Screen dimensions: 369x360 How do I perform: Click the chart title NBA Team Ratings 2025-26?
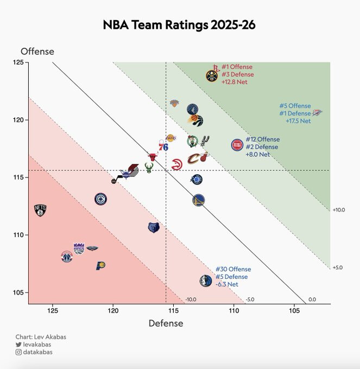tap(179, 25)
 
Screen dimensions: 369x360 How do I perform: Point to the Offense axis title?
tap(37, 52)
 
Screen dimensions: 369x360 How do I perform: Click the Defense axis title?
tap(166, 323)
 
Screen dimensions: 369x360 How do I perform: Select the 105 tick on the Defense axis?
tap(294, 311)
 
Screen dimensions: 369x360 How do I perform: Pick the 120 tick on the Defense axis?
tap(113, 311)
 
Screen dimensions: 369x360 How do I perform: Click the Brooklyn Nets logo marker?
tap(40, 210)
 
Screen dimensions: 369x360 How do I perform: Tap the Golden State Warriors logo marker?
tap(199, 201)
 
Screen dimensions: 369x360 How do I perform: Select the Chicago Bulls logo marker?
tap(153, 157)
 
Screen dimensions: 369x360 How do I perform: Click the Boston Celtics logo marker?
tap(193, 142)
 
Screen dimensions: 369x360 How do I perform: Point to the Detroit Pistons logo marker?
tap(237, 145)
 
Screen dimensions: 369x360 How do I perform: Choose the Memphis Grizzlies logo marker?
tap(154, 227)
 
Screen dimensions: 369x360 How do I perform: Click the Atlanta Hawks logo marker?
tap(176, 165)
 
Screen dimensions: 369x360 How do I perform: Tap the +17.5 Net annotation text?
tap(298, 121)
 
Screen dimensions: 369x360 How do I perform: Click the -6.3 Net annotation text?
tap(227, 284)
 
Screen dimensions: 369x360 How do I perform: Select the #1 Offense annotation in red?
tap(237, 67)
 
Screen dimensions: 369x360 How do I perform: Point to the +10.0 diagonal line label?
tap(339, 209)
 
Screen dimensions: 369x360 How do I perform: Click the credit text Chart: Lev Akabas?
tap(41, 337)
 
